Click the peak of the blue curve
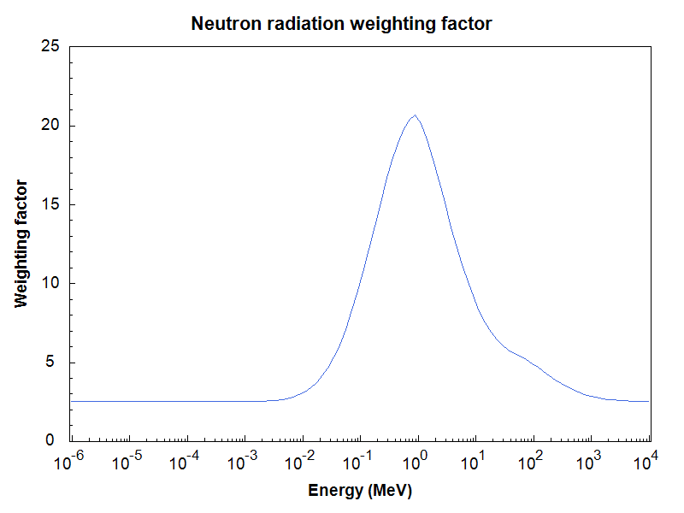tap(415, 115)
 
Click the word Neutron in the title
tap(227, 24)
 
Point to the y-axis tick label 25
tap(50, 46)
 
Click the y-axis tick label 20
tap(50, 125)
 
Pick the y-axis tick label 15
tap(50, 204)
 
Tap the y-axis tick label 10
tap(50, 283)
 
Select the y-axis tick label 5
tap(50, 362)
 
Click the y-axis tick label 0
tap(50, 440)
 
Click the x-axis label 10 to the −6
tap(69, 461)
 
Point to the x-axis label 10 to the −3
tap(242, 461)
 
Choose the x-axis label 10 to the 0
tap(415, 461)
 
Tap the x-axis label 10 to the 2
tap(530, 461)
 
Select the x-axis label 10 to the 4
tap(646, 461)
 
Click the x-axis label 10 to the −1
tap(357, 461)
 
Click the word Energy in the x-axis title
tap(335, 491)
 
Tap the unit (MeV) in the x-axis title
tap(390, 491)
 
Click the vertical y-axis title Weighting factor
tap(21, 244)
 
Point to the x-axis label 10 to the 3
tap(588, 461)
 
